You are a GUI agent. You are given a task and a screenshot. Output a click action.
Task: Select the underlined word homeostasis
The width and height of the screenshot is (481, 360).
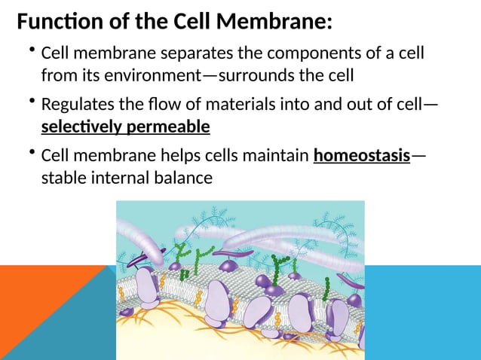click(x=362, y=157)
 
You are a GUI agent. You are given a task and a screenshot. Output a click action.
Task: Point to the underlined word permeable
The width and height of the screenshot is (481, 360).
click(x=171, y=126)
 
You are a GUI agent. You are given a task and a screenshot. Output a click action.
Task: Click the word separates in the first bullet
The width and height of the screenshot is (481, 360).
click(x=198, y=54)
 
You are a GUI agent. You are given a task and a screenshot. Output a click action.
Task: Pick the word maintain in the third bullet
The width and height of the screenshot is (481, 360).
click(x=272, y=157)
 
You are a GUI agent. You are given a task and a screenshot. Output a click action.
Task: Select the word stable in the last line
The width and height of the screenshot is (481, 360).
click(x=64, y=178)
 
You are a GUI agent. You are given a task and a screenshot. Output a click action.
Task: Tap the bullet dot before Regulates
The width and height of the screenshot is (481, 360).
click(x=32, y=101)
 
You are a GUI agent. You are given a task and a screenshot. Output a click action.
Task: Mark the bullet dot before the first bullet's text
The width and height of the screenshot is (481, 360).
click(x=32, y=50)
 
